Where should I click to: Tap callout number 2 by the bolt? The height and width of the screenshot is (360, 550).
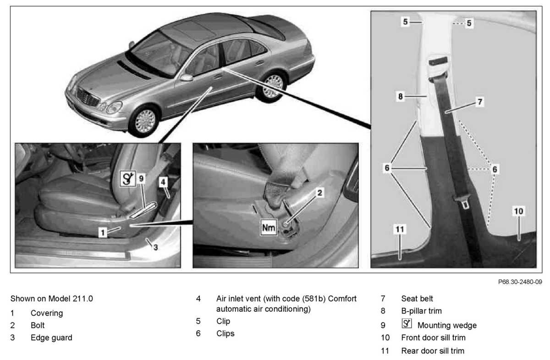[320, 193]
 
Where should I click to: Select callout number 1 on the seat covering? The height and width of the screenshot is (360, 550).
[104, 233]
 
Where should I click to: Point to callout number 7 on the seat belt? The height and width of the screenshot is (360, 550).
[479, 102]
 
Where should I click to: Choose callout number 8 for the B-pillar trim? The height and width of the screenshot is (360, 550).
[401, 97]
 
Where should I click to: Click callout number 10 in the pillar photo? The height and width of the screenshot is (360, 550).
[518, 211]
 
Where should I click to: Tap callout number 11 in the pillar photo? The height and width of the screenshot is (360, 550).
[400, 229]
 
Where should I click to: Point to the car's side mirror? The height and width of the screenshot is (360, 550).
[187, 78]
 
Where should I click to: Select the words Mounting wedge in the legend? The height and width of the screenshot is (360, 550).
[447, 325]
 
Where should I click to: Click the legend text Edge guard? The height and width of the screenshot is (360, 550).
[51, 338]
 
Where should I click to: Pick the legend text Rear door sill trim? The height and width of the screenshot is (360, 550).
[433, 351]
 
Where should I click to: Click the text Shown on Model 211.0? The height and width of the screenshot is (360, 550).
[52, 299]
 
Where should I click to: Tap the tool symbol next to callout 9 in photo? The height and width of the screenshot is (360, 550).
[128, 179]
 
